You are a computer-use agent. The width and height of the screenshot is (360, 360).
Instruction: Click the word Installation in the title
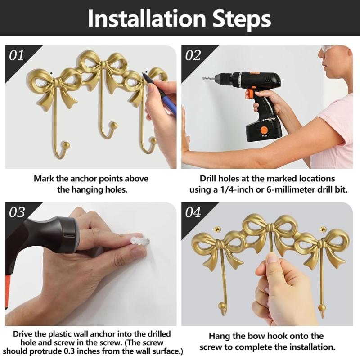point(147,18)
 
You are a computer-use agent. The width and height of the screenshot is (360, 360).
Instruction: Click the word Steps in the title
point(242,19)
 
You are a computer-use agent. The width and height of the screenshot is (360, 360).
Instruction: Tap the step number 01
point(16,56)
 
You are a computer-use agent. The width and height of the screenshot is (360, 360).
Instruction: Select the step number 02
point(193,56)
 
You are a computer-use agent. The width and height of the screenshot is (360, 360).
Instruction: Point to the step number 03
point(17,212)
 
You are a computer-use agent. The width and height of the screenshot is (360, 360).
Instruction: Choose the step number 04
point(193,212)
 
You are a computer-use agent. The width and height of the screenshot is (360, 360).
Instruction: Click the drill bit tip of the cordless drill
point(203,79)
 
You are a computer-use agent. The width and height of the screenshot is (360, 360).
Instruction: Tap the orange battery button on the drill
point(264,130)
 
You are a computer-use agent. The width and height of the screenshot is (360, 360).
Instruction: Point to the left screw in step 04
point(217,229)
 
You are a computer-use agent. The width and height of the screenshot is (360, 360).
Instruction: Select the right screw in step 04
point(323,229)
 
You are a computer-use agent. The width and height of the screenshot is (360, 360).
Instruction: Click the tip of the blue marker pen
point(143,74)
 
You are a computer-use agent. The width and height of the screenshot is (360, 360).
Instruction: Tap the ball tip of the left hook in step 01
point(66,145)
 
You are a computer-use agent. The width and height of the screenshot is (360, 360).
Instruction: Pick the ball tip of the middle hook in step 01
point(114,126)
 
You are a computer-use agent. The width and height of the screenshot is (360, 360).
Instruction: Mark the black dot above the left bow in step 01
point(51,73)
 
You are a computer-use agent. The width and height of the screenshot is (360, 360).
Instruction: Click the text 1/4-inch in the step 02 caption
point(239,189)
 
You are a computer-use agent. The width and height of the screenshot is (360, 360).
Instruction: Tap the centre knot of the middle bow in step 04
point(271,228)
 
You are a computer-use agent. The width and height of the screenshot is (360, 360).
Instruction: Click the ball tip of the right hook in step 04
point(321,308)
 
